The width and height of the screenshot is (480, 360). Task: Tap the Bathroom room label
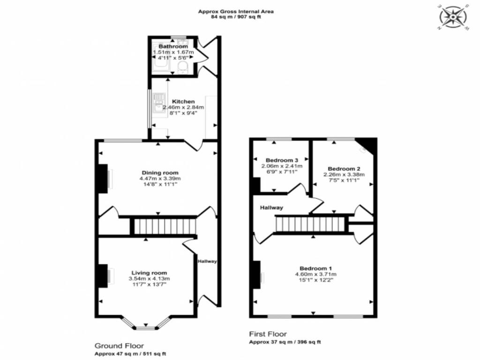click(x=173, y=47)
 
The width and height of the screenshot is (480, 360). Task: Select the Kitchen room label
click(x=183, y=101)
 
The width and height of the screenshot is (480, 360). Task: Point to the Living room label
click(x=149, y=273)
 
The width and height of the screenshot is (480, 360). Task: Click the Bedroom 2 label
click(x=344, y=169)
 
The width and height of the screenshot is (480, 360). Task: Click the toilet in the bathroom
click(x=182, y=68)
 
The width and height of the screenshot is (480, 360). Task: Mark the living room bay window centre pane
click(x=146, y=328)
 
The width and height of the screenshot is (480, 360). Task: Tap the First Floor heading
click(x=268, y=334)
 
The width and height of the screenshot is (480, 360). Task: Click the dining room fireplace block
click(x=102, y=178)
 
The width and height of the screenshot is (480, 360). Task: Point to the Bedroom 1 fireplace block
click(x=256, y=275)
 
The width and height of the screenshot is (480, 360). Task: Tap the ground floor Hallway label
click(x=207, y=261)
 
